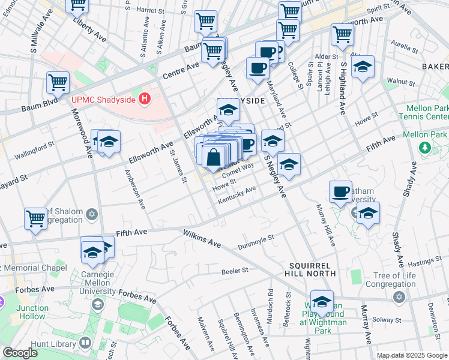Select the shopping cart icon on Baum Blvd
[x=58, y=83]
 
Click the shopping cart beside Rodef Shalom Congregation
[x=35, y=218]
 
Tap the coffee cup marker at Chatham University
[x=340, y=192]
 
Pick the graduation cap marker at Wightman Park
[x=322, y=302]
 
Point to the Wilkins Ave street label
[x=202, y=238]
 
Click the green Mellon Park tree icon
[x=425, y=147]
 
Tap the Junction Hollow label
[x=33, y=312]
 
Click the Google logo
[x=19, y=353]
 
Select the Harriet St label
[x=151, y=10]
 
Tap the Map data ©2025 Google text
[x=411, y=355]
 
